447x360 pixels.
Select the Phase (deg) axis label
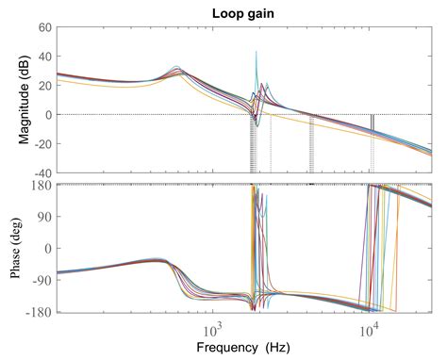pyautogui.click(x=20, y=248)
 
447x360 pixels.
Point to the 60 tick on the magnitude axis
pyautogui.click(x=43, y=28)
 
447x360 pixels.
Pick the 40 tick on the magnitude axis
pyautogui.click(x=43, y=57)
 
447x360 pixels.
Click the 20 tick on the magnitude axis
pyautogui.click(x=43, y=86)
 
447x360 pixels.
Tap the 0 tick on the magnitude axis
pyautogui.click(x=46, y=115)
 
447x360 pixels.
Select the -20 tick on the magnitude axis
pyautogui.click(x=41, y=144)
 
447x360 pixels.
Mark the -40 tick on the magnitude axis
pyautogui.click(x=41, y=173)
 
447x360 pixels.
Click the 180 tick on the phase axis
pyautogui.click(x=41, y=185)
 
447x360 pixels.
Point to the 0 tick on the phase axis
pyautogui.click(x=46, y=248)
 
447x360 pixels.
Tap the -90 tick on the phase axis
pyautogui.click(x=41, y=279)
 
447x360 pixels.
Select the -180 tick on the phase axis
pyautogui.click(x=39, y=311)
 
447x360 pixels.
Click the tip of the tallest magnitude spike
pyautogui.click(x=256, y=53)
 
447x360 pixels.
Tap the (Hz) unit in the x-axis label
pyautogui.click(x=276, y=348)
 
